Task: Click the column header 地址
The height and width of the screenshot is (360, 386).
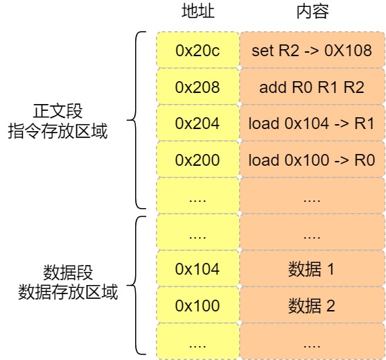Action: click(x=198, y=12)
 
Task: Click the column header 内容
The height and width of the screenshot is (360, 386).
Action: click(x=311, y=12)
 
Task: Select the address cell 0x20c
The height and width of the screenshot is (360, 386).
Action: click(x=198, y=51)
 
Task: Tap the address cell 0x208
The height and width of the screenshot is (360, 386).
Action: click(x=198, y=87)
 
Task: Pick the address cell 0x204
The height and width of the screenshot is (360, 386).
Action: click(x=198, y=123)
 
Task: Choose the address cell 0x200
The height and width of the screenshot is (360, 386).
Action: click(x=198, y=160)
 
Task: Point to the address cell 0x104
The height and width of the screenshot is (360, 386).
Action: click(x=198, y=268)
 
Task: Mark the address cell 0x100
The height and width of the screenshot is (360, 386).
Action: click(x=198, y=305)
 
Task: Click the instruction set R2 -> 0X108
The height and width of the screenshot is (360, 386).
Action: click(x=311, y=51)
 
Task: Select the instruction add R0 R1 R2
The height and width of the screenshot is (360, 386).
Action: click(x=311, y=87)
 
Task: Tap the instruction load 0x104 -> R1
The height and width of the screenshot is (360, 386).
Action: click(x=311, y=123)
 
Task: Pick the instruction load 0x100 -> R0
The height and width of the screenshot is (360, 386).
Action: click(x=311, y=160)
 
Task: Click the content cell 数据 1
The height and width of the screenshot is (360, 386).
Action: click(x=311, y=268)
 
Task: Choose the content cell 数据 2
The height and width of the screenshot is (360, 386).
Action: click(x=311, y=305)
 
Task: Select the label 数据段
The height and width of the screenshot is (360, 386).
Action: click(x=68, y=271)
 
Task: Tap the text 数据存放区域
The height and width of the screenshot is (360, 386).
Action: click(x=68, y=291)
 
